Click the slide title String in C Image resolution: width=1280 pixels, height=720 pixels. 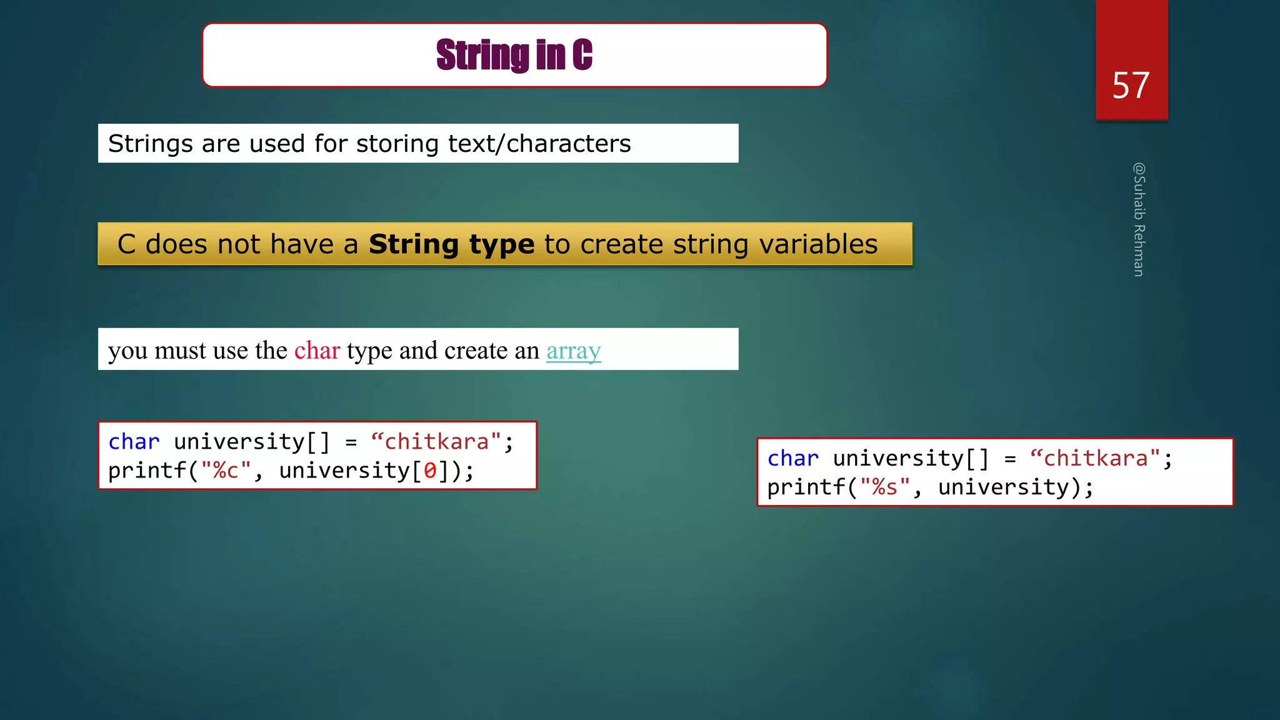pyautogui.click(x=514, y=55)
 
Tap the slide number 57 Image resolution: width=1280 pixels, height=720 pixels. pyautogui.click(x=1131, y=86)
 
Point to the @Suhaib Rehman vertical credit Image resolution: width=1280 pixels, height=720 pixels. pyautogui.click(x=1139, y=219)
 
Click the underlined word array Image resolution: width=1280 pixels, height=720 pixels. pyautogui.click(x=573, y=351)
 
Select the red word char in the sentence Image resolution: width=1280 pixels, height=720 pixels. pyautogui.click(x=317, y=351)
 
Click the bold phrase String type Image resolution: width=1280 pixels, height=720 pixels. pyautogui.click(x=451, y=244)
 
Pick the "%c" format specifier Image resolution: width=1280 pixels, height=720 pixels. pyautogui.click(x=226, y=471)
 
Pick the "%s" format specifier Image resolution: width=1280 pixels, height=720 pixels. pyautogui.click(x=884, y=487)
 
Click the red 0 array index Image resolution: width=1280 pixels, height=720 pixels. pyautogui.click(x=430, y=471)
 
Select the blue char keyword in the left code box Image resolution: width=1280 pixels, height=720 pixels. pyautogui.click(x=134, y=442)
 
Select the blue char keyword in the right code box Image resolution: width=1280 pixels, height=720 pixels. pyautogui.click(x=792, y=459)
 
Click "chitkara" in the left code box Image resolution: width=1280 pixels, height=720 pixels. pyautogui.click(x=436, y=442)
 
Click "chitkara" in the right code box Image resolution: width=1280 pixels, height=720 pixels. pyautogui.click(x=1095, y=459)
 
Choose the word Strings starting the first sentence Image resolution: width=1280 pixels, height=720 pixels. pyautogui.click(x=151, y=144)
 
